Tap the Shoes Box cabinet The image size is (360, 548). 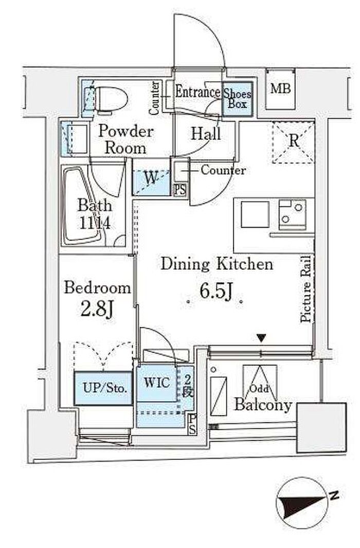[x=238, y=99]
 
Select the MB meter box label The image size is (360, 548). [x=280, y=88]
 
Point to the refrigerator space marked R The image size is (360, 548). [x=294, y=141]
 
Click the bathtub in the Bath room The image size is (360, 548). [x=80, y=206]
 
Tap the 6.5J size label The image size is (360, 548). [x=216, y=291]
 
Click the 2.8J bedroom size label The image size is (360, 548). [x=97, y=309]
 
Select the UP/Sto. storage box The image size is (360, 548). [x=104, y=388]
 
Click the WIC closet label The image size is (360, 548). [x=157, y=382]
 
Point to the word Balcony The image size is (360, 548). [x=263, y=405]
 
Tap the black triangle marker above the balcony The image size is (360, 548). [x=261, y=338]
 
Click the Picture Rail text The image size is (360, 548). [x=306, y=289]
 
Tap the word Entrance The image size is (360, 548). [x=198, y=92]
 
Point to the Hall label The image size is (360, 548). [x=206, y=134]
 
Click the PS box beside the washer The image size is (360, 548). [x=180, y=190]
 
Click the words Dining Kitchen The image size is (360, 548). [x=217, y=264]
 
